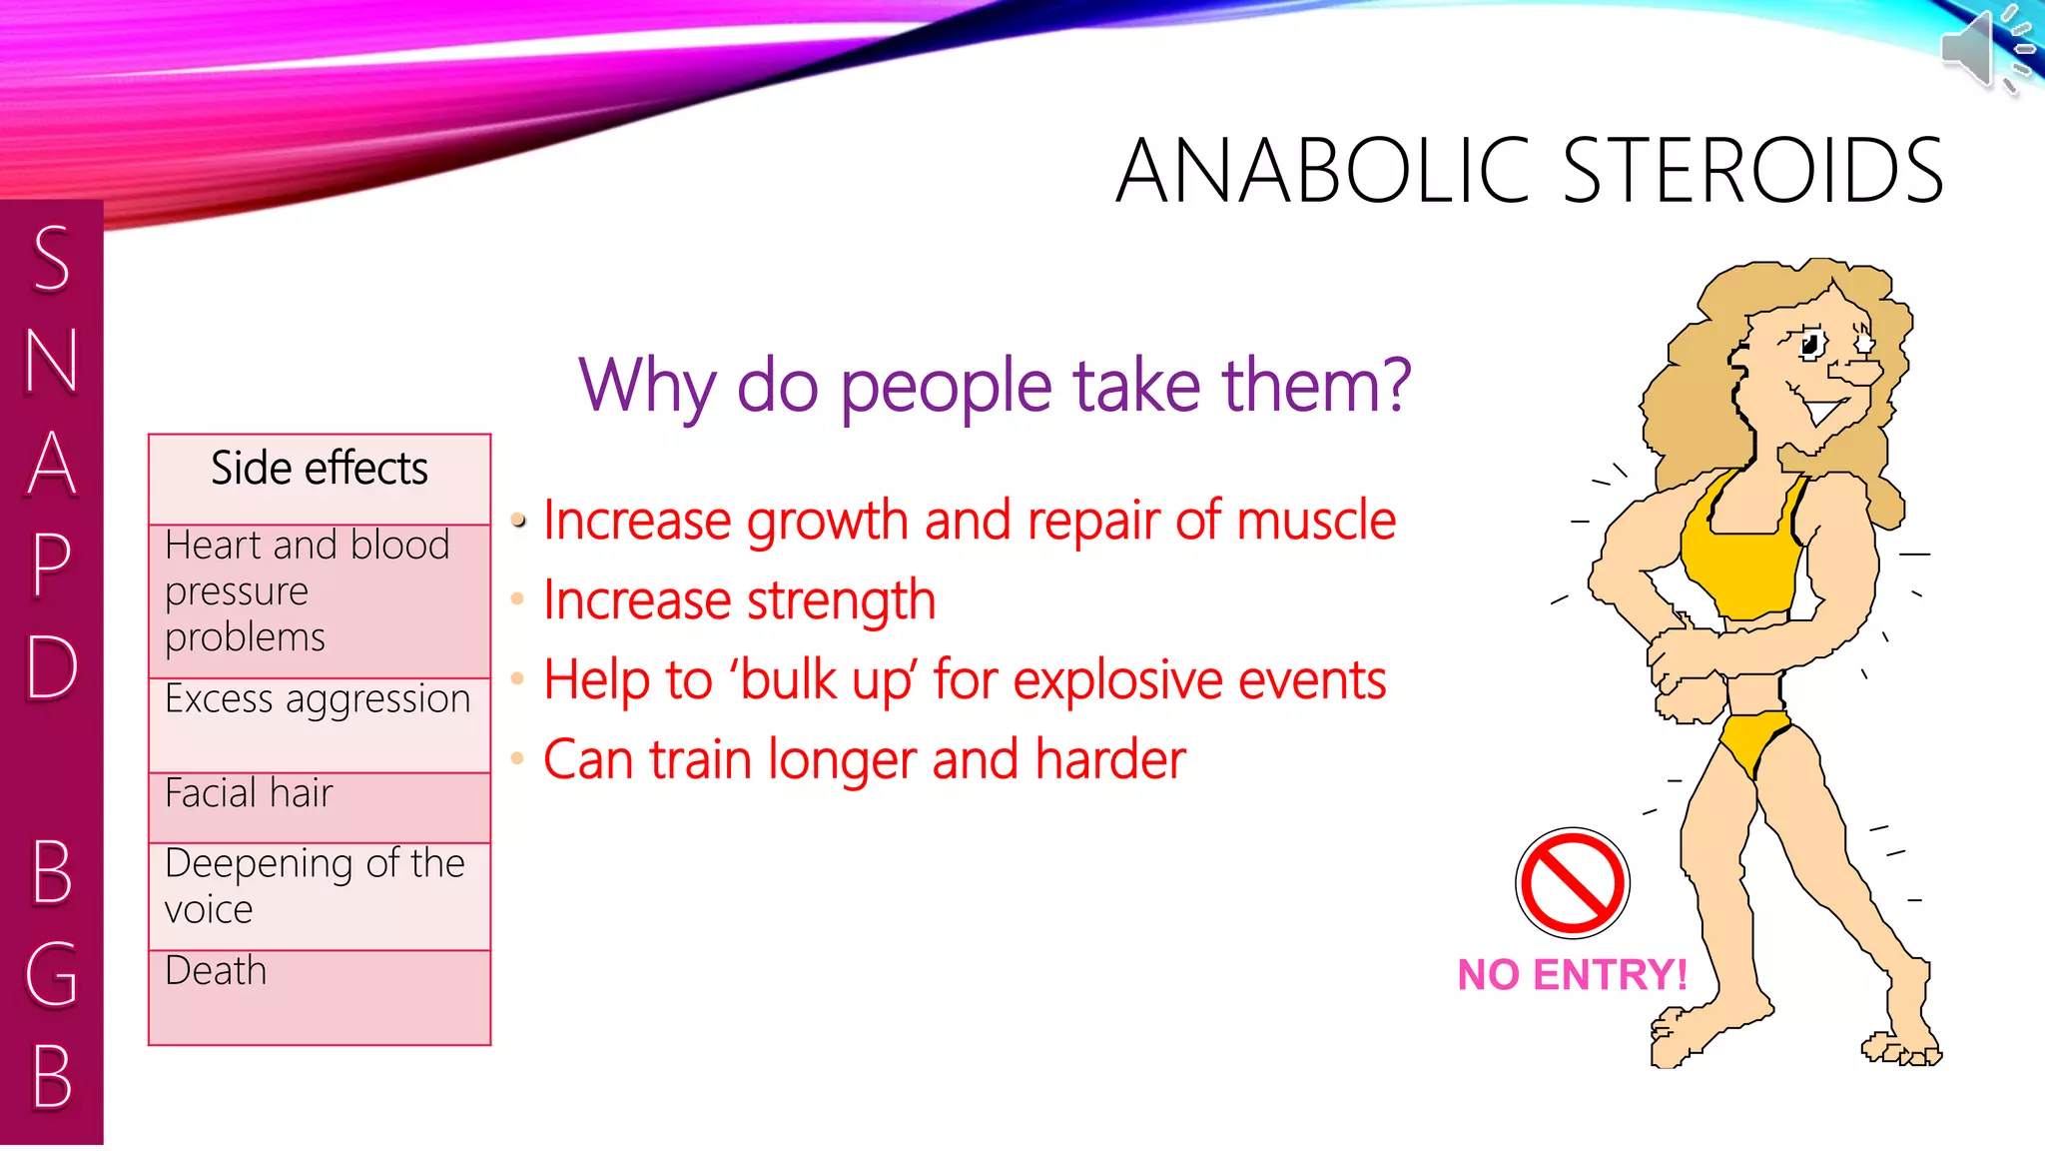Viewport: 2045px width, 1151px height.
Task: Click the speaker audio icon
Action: point(1982,48)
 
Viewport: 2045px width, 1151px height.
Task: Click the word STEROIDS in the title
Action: point(1751,172)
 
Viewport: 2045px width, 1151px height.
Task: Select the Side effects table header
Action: point(320,470)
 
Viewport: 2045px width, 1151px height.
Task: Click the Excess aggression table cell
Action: point(318,699)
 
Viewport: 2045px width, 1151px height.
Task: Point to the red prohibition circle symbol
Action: point(1572,882)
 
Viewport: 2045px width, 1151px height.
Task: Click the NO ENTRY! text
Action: point(1572,975)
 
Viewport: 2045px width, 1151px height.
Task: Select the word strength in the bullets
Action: point(841,601)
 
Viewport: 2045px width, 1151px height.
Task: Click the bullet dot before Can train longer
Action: point(517,759)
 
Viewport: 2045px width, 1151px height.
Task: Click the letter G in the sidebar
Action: point(52,974)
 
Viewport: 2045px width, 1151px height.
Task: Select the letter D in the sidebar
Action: point(52,667)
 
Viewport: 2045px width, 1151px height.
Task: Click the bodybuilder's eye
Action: point(1809,346)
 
